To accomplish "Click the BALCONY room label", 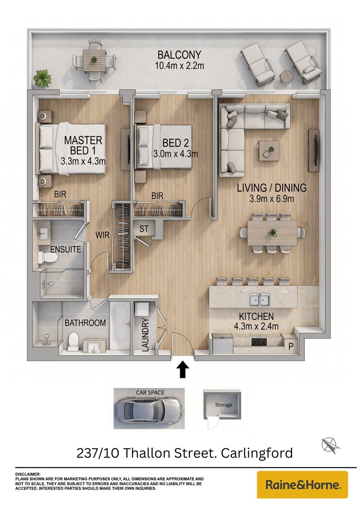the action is [180, 54].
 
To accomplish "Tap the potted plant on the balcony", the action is [42, 78].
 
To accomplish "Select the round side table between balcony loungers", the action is [286, 76].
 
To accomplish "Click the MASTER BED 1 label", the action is [83, 145].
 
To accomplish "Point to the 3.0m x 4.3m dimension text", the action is [176, 154].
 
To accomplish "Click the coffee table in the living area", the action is [269, 151].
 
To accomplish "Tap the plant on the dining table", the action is [272, 233].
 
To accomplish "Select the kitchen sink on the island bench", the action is [260, 299].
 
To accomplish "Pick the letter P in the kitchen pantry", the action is [291, 346].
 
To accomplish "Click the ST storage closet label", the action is [144, 228].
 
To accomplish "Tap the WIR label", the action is [102, 235].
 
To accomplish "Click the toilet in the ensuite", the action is [47, 257].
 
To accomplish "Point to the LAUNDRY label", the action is [145, 335].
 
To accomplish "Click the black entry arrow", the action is [183, 370].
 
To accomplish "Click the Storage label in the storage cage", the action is [224, 405].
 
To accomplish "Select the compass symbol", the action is [330, 445].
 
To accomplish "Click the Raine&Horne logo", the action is [302, 485].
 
